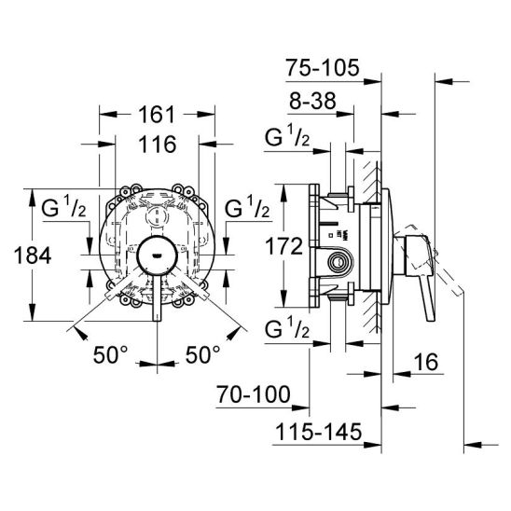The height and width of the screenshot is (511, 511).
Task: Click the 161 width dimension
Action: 157,115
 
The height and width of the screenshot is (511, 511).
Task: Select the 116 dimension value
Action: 158,145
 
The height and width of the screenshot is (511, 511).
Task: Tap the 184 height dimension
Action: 33,255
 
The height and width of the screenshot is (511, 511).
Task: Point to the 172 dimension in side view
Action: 283,246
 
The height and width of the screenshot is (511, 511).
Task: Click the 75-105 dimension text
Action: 323,68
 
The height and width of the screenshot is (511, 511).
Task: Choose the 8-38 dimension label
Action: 312,101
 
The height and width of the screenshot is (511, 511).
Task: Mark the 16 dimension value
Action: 426,362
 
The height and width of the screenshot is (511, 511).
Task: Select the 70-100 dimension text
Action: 254,394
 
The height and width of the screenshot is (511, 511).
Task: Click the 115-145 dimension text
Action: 318,432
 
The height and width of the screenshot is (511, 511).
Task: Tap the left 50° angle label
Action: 111,354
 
